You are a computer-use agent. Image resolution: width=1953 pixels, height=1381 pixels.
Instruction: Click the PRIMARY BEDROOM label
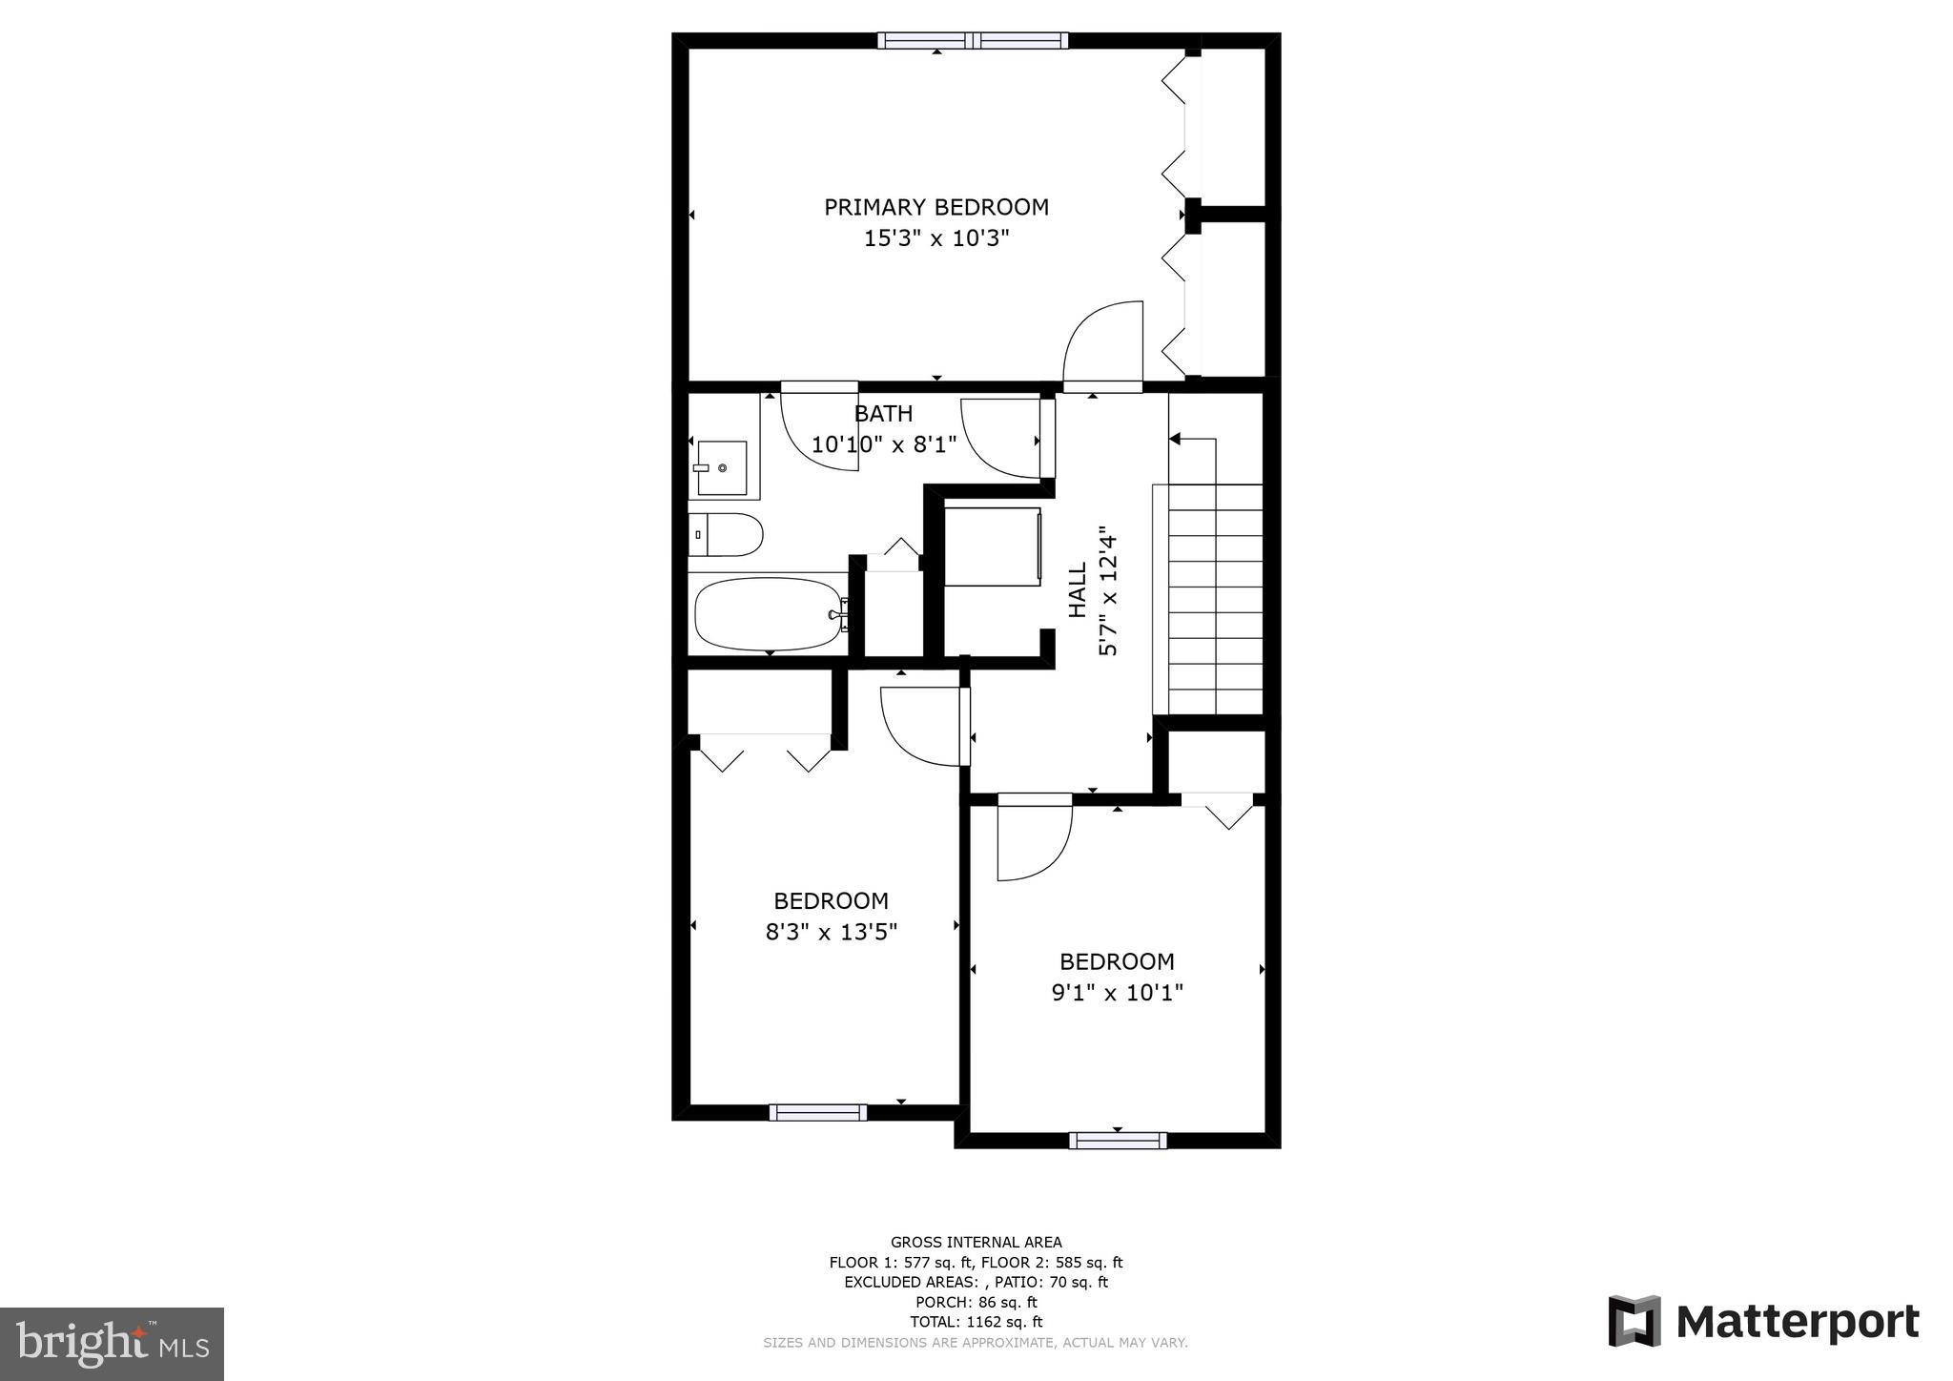point(935,207)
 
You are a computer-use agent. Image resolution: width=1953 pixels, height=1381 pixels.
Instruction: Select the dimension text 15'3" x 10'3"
point(935,238)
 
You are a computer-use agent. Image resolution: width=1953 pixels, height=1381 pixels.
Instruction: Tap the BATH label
point(883,413)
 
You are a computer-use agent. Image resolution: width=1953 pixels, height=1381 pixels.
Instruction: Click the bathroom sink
point(722,467)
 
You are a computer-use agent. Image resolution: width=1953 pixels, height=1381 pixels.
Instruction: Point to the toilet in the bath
point(727,535)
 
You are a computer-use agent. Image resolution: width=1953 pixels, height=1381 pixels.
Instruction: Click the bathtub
point(769,614)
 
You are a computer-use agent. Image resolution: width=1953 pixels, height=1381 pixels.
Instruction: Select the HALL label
point(1078,589)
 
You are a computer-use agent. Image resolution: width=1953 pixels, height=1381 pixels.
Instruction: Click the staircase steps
point(1215,599)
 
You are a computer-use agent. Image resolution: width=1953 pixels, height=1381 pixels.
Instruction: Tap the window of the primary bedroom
point(972,40)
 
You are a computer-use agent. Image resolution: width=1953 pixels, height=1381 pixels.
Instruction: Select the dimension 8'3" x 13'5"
point(831,932)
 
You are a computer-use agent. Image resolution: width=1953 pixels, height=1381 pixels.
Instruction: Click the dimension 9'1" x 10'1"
point(1117,993)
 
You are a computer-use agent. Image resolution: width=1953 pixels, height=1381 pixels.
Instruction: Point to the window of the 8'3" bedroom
point(817,1112)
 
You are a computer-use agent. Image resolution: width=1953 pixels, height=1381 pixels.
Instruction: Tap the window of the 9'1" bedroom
point(1117,1140)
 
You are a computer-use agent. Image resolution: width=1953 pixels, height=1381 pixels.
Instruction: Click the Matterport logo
point(1763,1322)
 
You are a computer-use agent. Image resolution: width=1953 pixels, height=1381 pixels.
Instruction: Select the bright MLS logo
point(112,1344)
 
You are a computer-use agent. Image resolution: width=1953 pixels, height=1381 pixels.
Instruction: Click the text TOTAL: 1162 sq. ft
point(976,1322)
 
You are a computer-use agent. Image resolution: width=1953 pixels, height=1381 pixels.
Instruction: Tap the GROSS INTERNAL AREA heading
point(976,1242)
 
